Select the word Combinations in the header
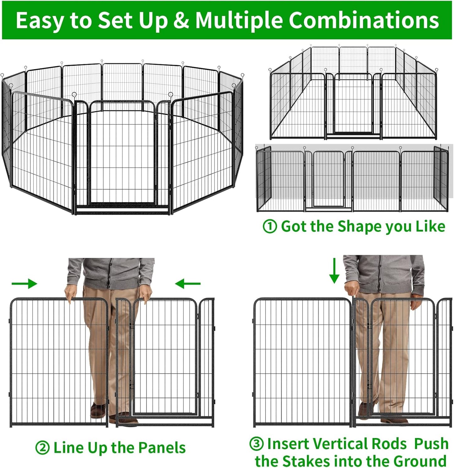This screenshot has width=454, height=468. (364, 20)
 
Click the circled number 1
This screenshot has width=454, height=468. (270, 226)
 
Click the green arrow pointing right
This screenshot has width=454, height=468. (25, 283)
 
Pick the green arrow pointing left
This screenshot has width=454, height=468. (188, 284)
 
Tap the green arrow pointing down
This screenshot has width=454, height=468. (334, 271)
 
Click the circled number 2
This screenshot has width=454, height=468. (42, 448)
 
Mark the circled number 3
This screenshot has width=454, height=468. (256, 444)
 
